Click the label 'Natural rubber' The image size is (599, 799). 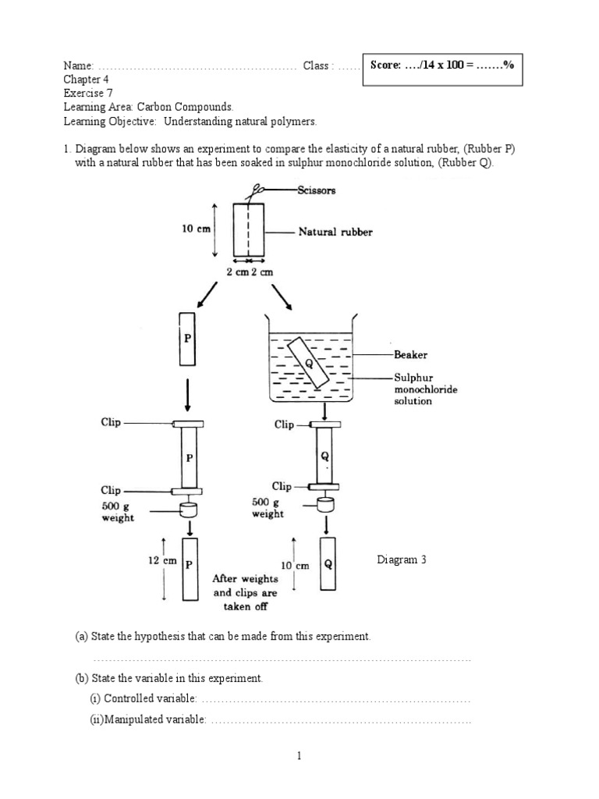coord(336,232)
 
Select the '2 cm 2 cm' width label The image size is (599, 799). coord(249,273)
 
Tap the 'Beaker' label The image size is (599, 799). coord(410,354)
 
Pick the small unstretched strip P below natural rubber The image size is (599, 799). coord(186,339)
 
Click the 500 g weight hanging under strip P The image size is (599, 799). coord(188,511)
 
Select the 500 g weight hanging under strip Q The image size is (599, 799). coord(324,504)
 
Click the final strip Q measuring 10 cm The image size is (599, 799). coord(328,565)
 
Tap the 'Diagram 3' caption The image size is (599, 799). coord(402,560)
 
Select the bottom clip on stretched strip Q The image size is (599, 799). coord(324,485)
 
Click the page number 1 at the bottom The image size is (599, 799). coord(299,756)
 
